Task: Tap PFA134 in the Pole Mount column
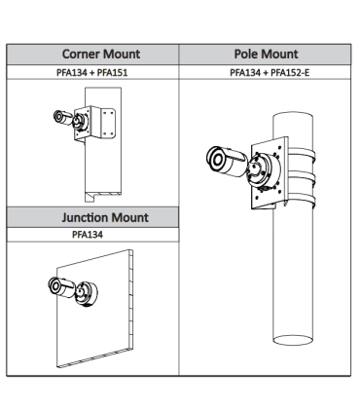pyautogui.click(x=247, y=72)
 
